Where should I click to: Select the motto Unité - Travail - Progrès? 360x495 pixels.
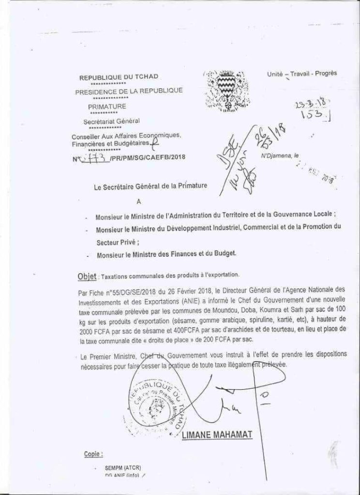[x=301, y=73]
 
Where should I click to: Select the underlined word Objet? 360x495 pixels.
[x=87, y=276]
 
